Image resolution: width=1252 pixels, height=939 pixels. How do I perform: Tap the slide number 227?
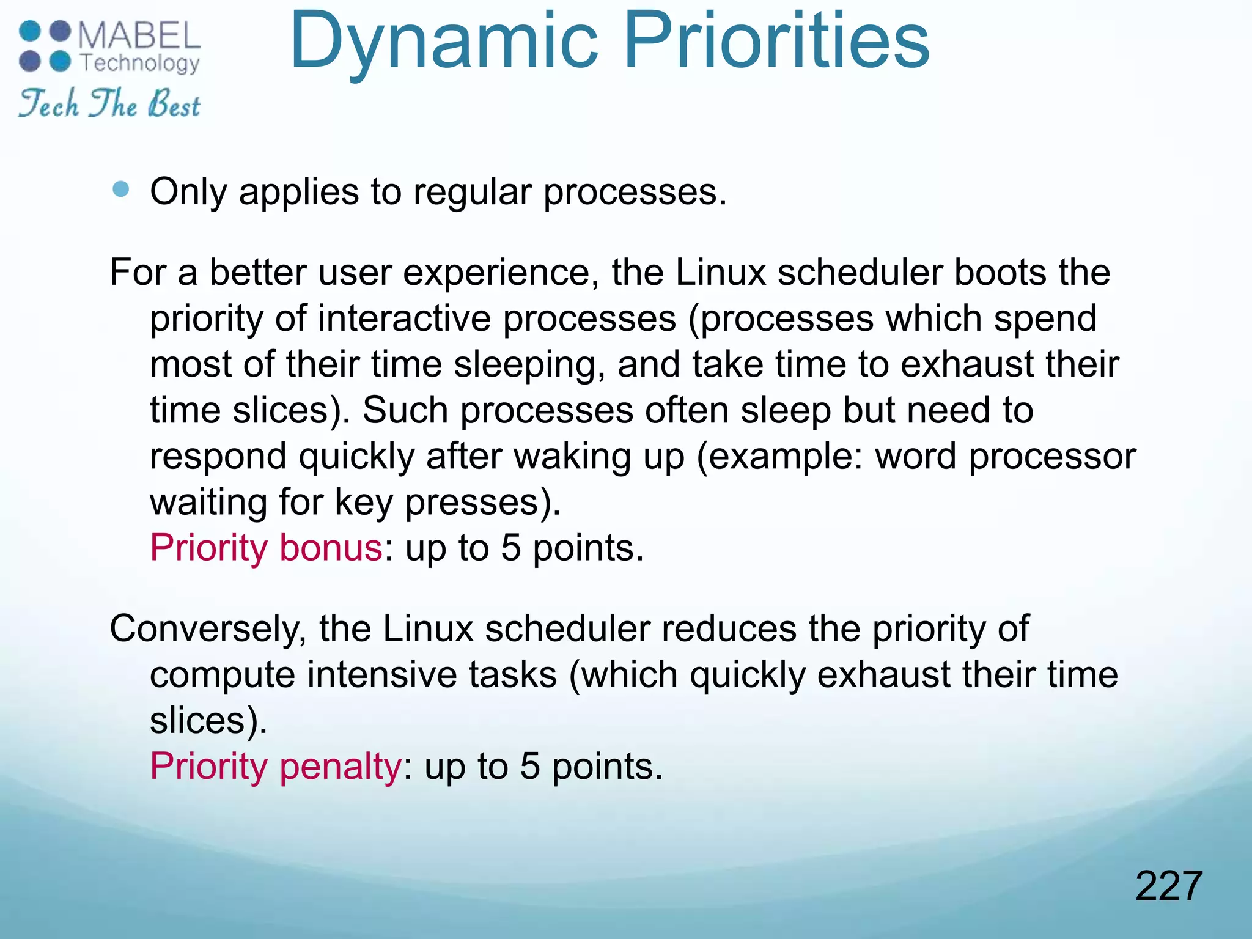coord(1168,886)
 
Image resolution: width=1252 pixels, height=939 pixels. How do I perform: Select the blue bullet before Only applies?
coord(122,190)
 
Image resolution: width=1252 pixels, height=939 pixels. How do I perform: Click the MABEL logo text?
coord(139,35)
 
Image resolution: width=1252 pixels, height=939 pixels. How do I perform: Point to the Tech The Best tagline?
coord(109,104)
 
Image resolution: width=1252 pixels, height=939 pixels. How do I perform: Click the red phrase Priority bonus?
coord(266,547)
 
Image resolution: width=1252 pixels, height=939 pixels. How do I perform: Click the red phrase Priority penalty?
coord(276,766)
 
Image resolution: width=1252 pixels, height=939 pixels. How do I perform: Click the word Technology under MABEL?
coord(140,63)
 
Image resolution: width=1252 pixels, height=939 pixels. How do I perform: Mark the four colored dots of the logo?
coord(45,46)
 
